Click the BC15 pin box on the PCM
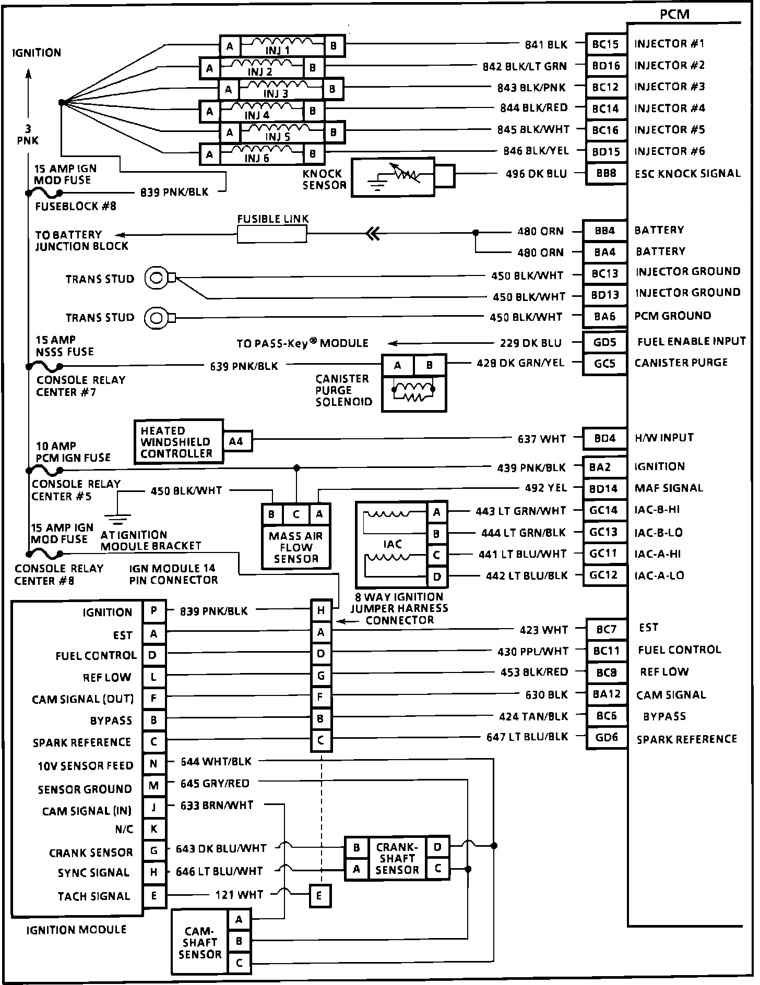605,44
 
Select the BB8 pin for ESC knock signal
605,173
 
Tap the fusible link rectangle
272,234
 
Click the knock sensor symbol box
393,177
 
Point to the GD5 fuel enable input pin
605,342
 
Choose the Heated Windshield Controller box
178,441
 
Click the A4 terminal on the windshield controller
236,441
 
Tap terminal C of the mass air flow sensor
296,514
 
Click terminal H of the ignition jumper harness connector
321,610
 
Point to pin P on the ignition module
154,611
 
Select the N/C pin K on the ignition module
154,829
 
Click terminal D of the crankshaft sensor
437,847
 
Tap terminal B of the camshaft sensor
239,941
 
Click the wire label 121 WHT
240,895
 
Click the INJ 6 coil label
257,158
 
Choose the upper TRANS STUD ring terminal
156,278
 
